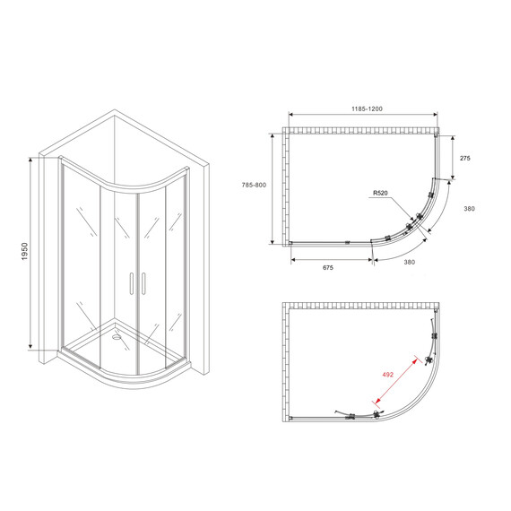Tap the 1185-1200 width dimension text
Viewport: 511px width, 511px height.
(362, 108)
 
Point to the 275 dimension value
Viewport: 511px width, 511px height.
(464, 157)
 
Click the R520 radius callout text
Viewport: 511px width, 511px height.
(382, 193)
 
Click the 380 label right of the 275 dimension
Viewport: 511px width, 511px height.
(468, 209)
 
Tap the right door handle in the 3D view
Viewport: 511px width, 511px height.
(140, 283)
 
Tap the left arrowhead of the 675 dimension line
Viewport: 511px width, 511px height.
(293, 257)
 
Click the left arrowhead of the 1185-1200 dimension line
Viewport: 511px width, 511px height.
(290, 116)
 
